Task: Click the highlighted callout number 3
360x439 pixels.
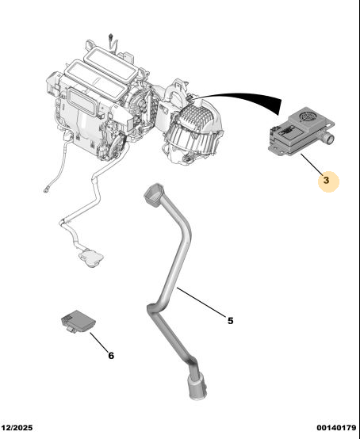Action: [326, 180]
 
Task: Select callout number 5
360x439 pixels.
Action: [230, 321]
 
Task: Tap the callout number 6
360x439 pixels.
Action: [111, 356]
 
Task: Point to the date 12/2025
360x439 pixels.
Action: [17, 428]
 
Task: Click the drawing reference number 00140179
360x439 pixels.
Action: [336, 428]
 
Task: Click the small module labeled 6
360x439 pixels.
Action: [79, 321]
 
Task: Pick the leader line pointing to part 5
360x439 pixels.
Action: [201, 302]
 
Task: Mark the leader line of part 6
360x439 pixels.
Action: [99, 342]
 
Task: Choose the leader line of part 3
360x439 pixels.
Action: [312, 163]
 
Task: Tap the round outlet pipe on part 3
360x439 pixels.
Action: [328, 137]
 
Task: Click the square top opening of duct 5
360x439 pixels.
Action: [153, 193]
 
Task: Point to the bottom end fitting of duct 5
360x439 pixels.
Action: [197, 387]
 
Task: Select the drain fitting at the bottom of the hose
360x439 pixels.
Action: [90, 258]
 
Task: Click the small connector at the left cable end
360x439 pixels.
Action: [46, 190]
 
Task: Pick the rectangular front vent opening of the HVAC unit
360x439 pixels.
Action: [82, 101]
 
